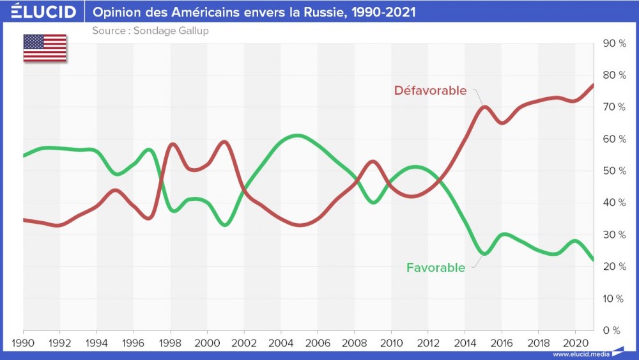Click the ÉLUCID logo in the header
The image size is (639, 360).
click(43, 12)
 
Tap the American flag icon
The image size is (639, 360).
click(45, 49)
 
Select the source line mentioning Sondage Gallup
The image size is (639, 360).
click(150, 31)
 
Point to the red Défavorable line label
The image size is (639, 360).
click(430, 90)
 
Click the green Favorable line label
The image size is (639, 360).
click(436, 268)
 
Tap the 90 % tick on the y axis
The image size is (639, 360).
click(613, 43)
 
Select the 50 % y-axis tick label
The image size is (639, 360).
click(613, 171)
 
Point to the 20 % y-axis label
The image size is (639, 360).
click(613, 267)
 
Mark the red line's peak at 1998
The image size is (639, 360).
click(171, 145)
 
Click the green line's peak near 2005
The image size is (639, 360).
click(296, 136)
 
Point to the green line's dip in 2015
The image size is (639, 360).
click(484, 254)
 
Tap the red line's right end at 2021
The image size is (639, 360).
click(594, 85)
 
